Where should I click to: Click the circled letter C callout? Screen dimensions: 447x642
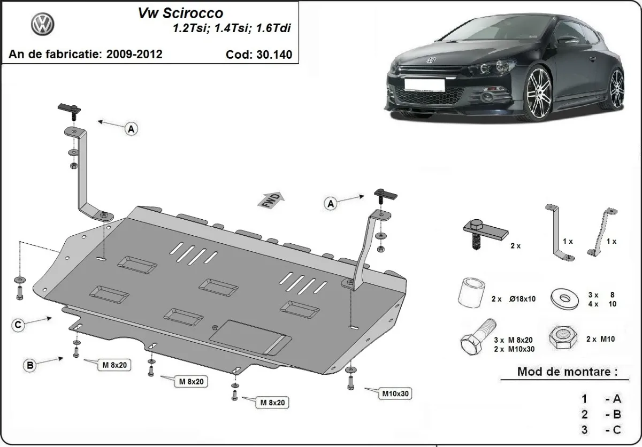(x=18, y=325)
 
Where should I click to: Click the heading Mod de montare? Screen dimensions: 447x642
(x=566, y=372)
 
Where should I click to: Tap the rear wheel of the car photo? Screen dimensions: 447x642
(x=617, y=86)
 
